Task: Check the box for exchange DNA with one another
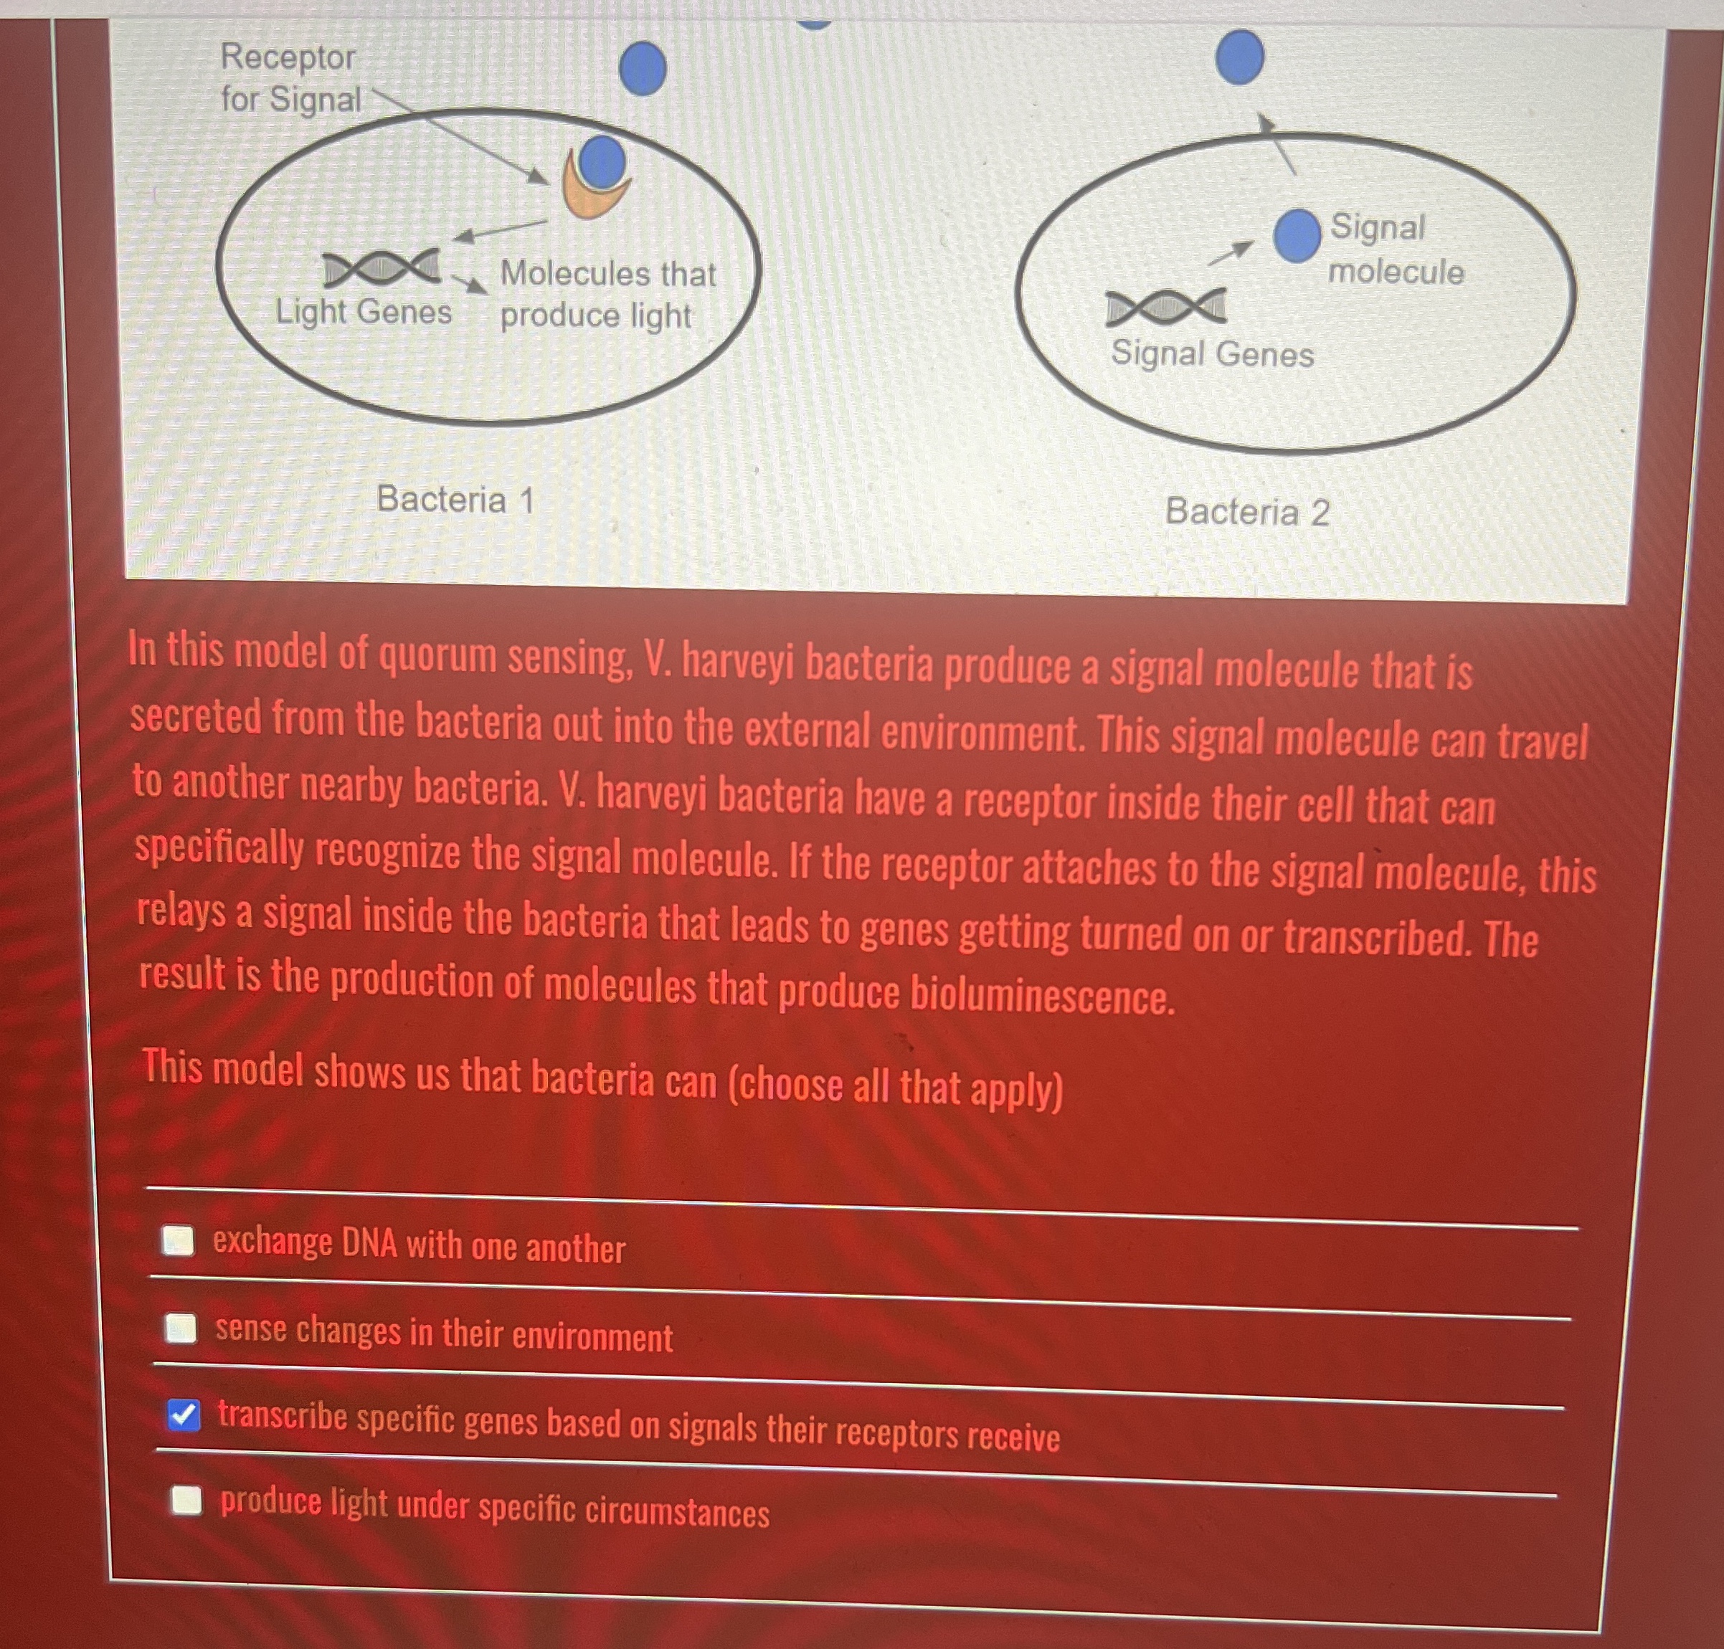tap(179, 1240)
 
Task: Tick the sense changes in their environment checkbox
tap(181, 1329)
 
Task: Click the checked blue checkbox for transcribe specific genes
tap(184, 1415)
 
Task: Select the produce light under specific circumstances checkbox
tap(186, 1500)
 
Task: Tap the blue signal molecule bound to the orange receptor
tap(602, 162)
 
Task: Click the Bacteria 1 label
tap(455, 499)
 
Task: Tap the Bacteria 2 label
tap(1246, 512)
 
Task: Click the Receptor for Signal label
tap(290, 78)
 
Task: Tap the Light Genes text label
tap(363, 311)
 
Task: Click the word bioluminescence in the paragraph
tap(1042, 994)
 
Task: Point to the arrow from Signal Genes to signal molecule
tap(1230, 252)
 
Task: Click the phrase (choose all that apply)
tap(895, 1086)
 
